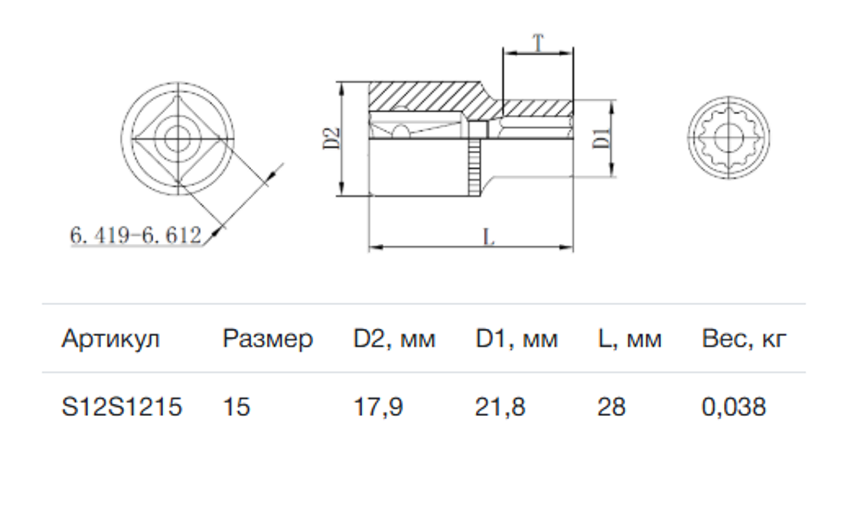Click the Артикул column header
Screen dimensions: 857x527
[x=110, y=339]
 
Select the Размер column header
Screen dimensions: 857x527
[x=268, y=340]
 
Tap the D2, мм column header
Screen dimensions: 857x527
[x=394, y=339]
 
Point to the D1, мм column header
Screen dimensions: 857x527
[x=516, y=339]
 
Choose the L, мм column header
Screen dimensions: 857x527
[x=629, y=339]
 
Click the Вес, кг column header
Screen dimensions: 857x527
[x=744, y=339]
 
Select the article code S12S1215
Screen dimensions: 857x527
[x=121, y=406]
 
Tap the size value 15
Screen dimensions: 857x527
[x=236, y=406]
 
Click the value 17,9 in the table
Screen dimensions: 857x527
[x=378, y=407]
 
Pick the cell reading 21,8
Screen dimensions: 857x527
[x=500, y=407]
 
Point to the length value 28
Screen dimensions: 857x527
[x=612, y=406]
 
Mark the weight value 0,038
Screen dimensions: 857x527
[x=734, y=407]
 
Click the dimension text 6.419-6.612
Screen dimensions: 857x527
[x=136, y=235]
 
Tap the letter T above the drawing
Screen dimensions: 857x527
[x=538, y=43]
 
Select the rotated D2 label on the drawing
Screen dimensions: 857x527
[x=332, y=138]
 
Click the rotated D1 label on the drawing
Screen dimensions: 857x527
[x=601, y=138]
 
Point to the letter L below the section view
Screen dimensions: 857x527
[x=489, y=237]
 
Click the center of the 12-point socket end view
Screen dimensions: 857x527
[x=728, y=138]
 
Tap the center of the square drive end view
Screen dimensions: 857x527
[x=178, y=139]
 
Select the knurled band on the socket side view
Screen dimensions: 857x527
[x=474, y=167]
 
